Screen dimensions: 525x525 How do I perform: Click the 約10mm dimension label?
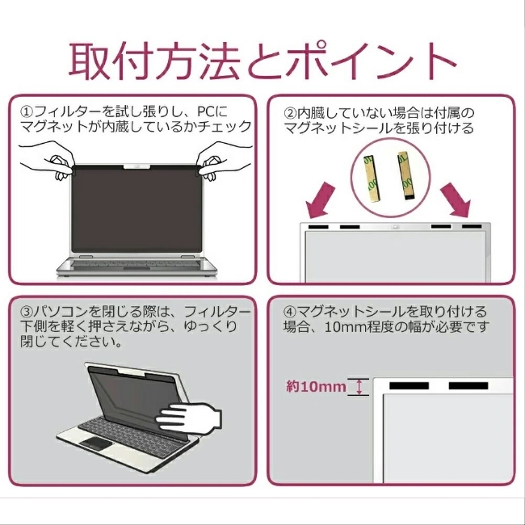click(x=316, y=387)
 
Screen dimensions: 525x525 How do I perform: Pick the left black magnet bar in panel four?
click(x=409, y=386)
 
